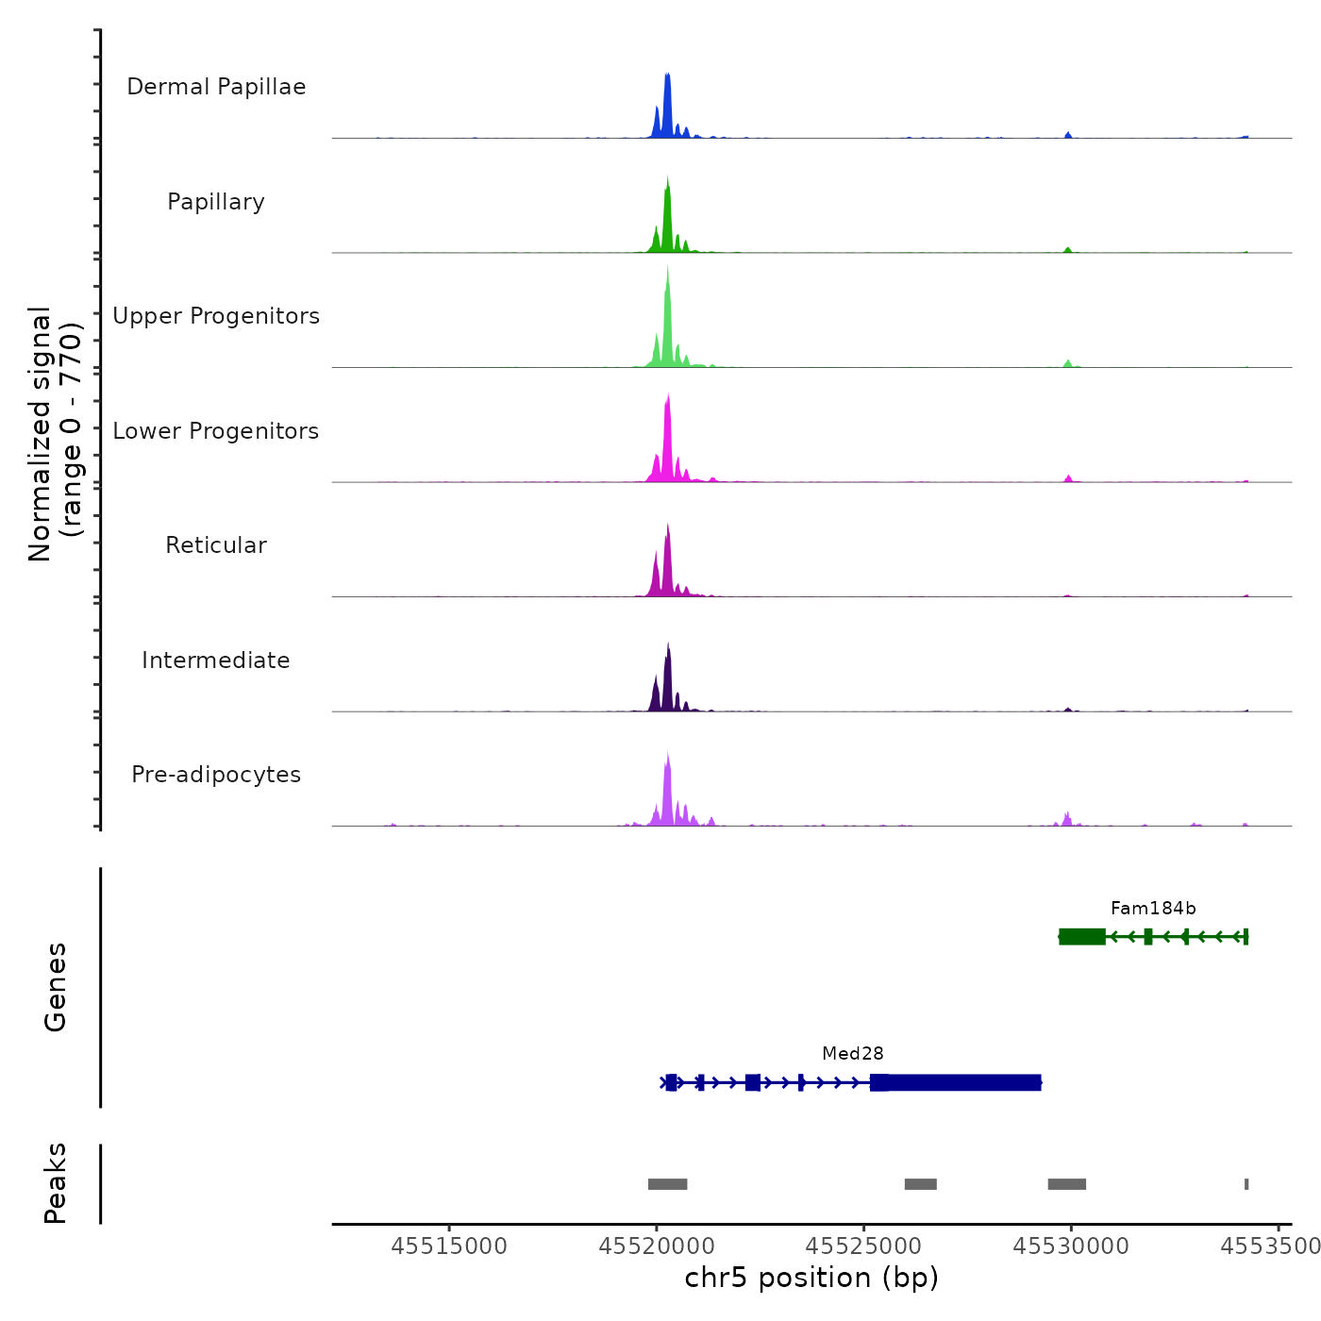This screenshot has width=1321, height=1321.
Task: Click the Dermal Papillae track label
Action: coord(216,87)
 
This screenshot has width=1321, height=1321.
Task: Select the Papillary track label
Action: coord(216,202)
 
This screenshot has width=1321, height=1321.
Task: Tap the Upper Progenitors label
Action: coord(216,316)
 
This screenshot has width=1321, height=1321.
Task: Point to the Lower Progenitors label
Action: coord(216,431)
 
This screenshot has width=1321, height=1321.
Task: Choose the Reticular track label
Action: coord(216,545)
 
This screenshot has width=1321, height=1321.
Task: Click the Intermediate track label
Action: coord(216,660)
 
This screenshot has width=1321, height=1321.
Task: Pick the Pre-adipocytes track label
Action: coord(216,775)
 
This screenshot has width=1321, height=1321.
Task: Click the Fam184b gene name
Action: coord(1153,909)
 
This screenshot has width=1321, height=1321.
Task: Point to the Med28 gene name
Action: coord(853,1054)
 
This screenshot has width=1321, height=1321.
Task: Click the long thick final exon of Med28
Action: coord(962,1082)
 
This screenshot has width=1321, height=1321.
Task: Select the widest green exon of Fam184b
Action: coord(1082,936)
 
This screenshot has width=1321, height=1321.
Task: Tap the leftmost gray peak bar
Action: coord(667,1184)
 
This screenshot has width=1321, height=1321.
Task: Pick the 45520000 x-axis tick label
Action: coord(658,1246)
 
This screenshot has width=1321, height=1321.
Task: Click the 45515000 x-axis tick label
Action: coord(449,1246)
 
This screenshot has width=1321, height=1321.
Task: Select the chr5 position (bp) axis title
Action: coord(811,1279)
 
